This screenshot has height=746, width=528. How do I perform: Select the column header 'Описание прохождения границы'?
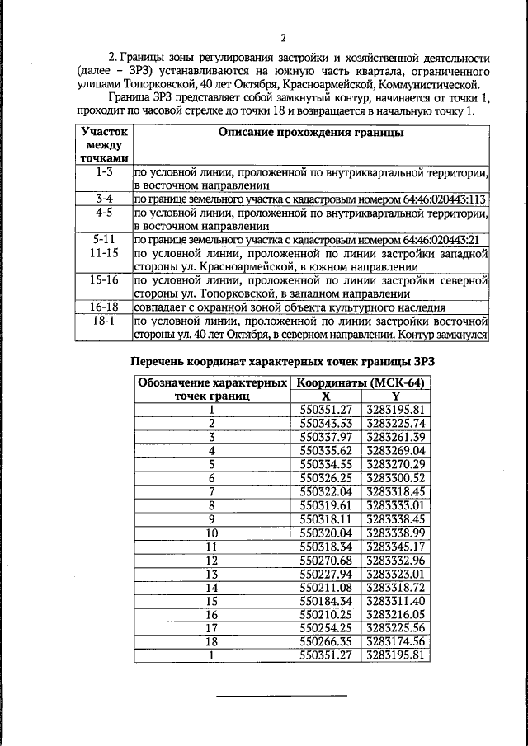[310, 132]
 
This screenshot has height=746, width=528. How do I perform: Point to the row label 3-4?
[103, 199]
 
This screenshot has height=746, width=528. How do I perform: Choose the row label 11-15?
[103, 253]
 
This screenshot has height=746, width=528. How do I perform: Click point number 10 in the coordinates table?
[211, 532]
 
